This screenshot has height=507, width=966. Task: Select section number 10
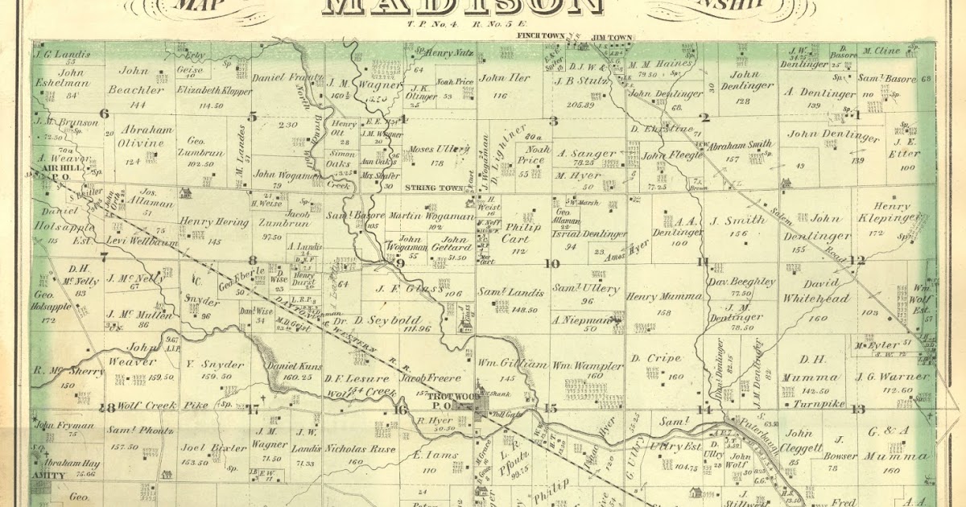tap(552, 263)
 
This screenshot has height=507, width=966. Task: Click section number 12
tap(857, 260)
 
